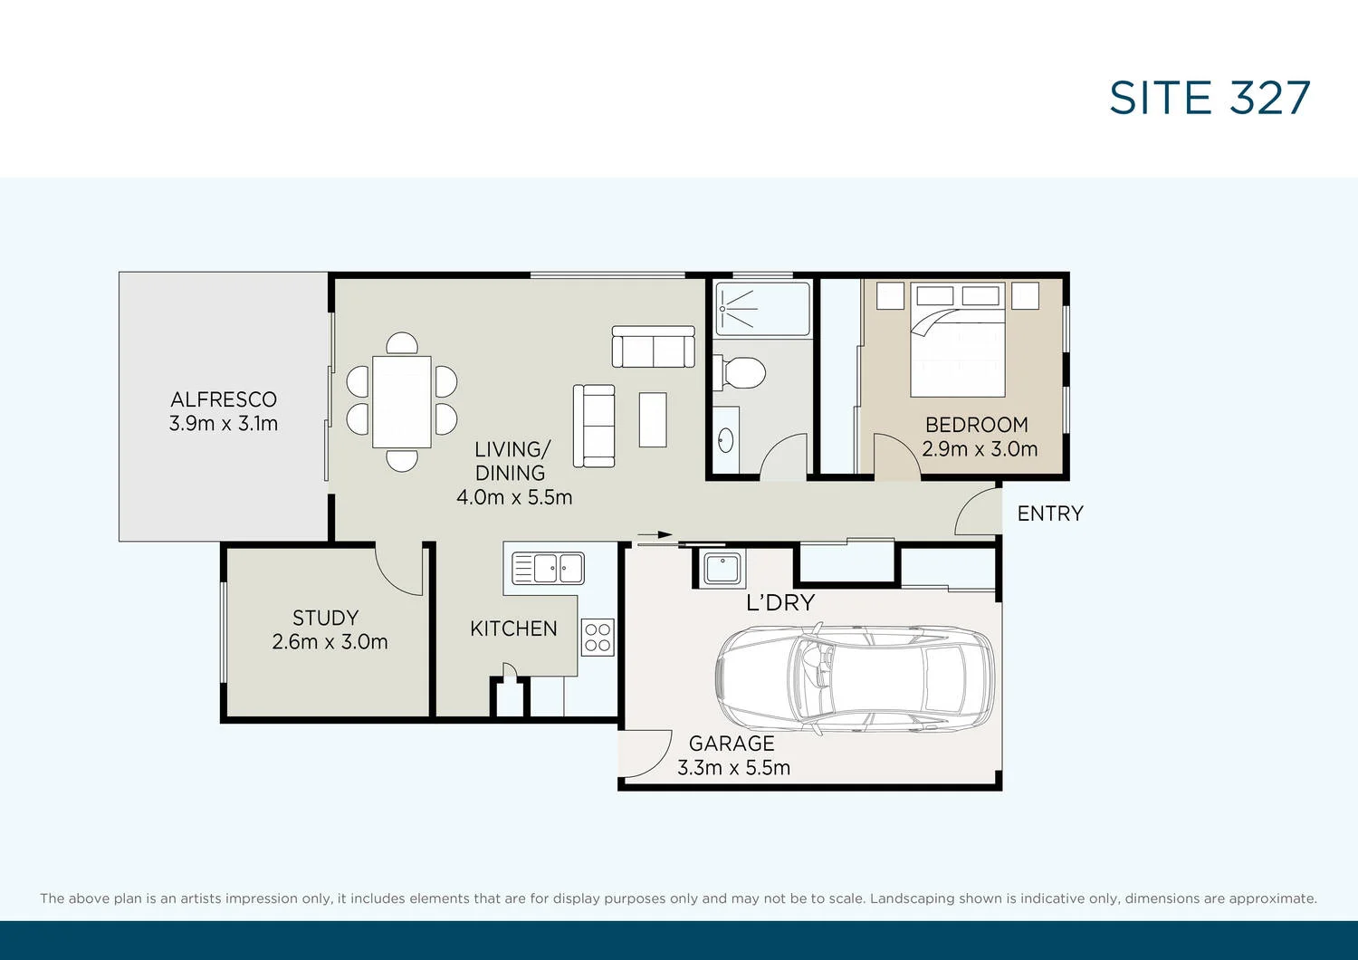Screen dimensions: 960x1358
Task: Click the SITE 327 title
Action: click(1210, 98)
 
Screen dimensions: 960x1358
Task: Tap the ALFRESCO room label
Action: click(224, 399)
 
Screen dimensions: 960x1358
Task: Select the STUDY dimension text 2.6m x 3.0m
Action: click(330, 642)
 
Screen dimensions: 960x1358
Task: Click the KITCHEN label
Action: click(513, 629)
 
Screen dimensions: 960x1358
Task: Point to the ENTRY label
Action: click(1050, 514)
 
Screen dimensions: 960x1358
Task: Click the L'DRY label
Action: click(780, 603)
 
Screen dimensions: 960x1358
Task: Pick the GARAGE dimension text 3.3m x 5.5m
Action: click(733, 768)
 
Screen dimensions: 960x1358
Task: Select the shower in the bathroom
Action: click(762, 309)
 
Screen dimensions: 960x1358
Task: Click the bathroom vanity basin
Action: click(726, 440)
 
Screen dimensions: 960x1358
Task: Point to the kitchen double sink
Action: click(549, 569)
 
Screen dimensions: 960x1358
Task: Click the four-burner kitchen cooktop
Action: click(598, 637)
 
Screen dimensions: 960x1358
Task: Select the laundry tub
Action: click(722, 569)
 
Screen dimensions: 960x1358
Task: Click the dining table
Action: click(402, 401)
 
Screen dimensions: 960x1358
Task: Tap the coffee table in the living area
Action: click(653, 419)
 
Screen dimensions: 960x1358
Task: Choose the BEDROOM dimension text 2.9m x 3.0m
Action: click(980, 449)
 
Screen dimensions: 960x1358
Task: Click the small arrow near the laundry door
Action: click(655, 534)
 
